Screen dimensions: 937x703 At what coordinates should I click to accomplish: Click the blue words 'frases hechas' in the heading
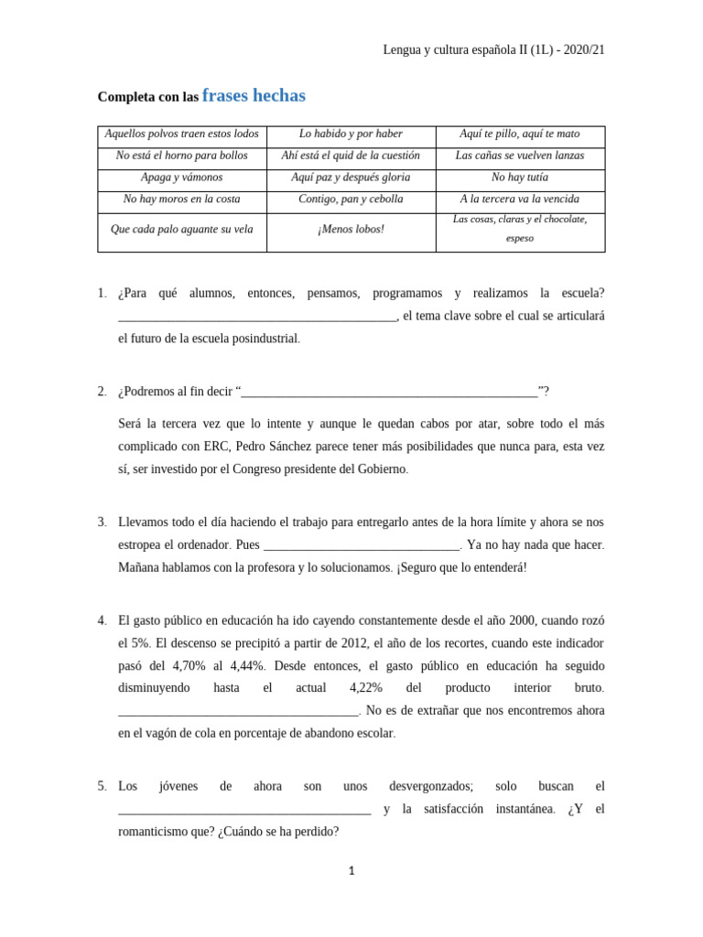pyautogui.click(x=254, y=96)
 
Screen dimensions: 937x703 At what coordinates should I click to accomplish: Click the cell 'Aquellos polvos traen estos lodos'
pyautogui.click(x=181, y=135)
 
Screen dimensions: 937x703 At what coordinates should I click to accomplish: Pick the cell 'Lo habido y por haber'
pyautogui.click(x=351, y=135)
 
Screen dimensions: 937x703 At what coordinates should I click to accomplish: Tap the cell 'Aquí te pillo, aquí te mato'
pyautogui.click(x=519, y=135)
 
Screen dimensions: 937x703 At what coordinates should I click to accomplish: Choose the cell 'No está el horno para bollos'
pyautogui.click(x=181, y=156)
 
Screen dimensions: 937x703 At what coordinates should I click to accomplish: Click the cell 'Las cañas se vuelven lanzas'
pyautogui.click(x=519, y=156)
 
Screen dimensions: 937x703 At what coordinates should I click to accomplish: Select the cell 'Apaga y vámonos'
pyautogui.click(x=181, y=178)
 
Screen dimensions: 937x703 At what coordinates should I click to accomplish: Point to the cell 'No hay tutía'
pyautogui.click(x=519, y=178)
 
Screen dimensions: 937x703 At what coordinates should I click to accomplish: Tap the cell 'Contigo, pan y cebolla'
pyautogui.click(x=351, y=199)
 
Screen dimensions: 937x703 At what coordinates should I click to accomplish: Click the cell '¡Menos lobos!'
pyautogui.click(x=351, y=230)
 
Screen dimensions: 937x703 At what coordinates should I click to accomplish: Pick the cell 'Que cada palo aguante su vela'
pyautogui.click(x=181, y=230)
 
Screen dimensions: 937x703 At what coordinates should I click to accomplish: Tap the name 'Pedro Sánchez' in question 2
pyautogui.click(x=272, y=447)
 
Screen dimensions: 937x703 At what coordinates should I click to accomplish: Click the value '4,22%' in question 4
pyautogui.click(x=365, y=688)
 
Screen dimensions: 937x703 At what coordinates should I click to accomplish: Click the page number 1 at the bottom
pyautogui.click(x=351, y=871)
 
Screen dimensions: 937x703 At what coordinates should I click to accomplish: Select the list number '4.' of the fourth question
pyautogui.click(x=103, y=621)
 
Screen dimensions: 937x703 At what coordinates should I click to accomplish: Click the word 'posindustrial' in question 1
pyautogui.click(x=267, y=339)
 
